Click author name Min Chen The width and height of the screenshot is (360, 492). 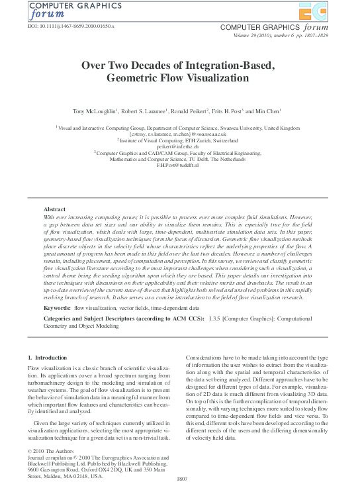tap(269, 111)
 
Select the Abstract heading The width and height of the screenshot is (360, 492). tap(54, 209)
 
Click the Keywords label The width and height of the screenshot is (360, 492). tap(58, 308)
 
